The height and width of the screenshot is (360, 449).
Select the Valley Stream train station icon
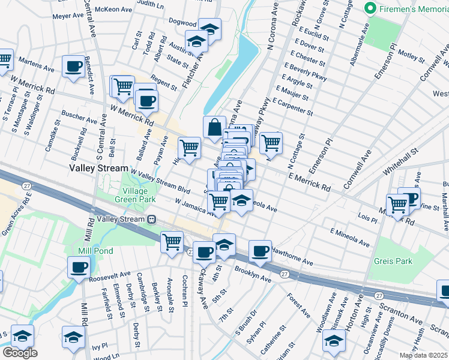[x=153, y=220]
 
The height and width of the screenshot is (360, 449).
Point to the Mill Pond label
[x=92, y=250]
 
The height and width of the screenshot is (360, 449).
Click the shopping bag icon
[x=214, y=127]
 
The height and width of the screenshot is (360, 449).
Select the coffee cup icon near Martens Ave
[x=74, y=67]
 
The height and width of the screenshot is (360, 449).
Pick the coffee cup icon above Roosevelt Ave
[x=79, y=267]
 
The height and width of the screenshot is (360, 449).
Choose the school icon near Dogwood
[x=209, y=29]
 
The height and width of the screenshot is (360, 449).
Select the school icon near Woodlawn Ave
[x=334, y=341]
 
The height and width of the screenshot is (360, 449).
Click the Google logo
[x=20, y=352]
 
